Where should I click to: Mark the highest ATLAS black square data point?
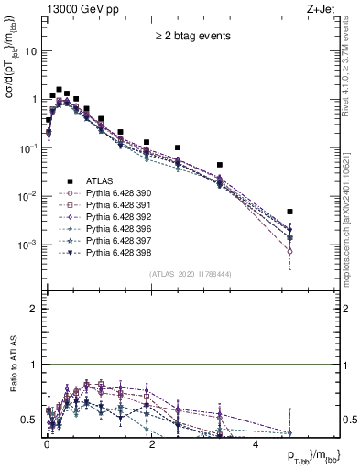(59, 90)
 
